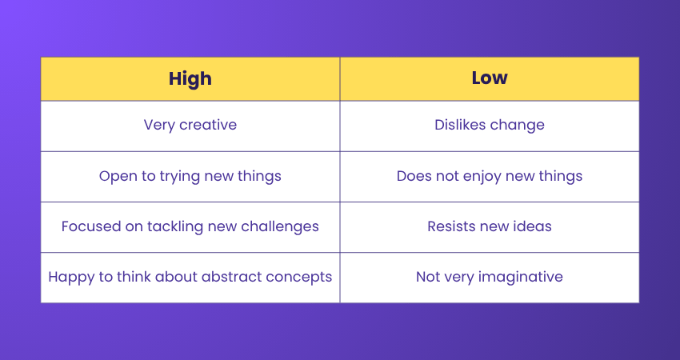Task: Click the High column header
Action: pos(190,78)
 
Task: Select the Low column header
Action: pos(489,78)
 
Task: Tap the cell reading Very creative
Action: pos(190,126)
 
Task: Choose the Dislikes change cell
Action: pos(489,126)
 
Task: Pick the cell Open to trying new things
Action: pos(190,176)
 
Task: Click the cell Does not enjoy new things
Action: pos(489,176)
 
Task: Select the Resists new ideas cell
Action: pos(489,226)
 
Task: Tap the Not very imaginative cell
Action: pos(489,277)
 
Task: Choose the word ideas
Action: pos(534,226)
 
